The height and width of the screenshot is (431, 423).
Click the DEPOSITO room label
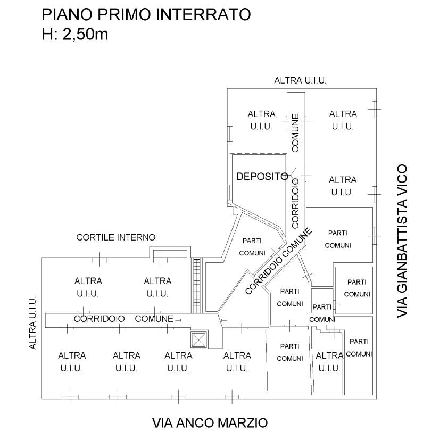[262, 177]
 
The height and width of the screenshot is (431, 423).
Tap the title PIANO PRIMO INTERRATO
[146, 14]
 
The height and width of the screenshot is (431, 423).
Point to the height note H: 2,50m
[75, 35]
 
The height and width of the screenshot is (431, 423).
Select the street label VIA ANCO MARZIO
[210, 423]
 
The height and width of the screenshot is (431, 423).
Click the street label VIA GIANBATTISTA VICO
[402, 241]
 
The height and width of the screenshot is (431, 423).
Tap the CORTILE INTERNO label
[115, 237]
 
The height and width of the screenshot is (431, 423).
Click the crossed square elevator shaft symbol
[198, 339]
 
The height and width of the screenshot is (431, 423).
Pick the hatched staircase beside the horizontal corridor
[197, 285]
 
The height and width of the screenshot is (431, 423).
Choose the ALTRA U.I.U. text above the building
[300, 80]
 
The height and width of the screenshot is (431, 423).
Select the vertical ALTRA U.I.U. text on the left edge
[32, 322]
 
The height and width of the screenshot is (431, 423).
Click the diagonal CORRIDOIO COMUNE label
[278, 261]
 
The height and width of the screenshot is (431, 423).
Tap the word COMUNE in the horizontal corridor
[154, 319]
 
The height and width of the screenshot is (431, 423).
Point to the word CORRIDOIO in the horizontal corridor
[99, 319]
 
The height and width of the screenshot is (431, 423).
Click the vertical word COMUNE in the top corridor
[295, 133]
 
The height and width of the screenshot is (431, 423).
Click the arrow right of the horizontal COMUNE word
[178, 320]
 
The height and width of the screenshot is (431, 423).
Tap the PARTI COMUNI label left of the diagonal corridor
[252, 247]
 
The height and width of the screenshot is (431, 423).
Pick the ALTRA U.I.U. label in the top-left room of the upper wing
[261, 120]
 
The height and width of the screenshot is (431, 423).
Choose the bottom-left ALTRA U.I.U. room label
[72, 362]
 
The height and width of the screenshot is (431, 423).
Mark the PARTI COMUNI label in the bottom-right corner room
[359, 347]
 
